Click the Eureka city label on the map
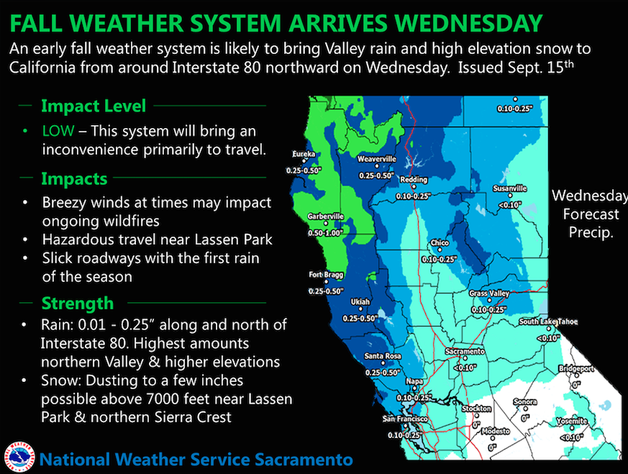[304, 154]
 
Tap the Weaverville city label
[376, 159]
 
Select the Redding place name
[414, 180]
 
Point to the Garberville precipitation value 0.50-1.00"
[326, 233]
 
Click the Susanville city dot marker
[510, 196]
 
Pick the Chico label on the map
[440, 243]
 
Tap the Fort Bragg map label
[326, 275]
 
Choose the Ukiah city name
[360, 302]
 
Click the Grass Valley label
[489, 293]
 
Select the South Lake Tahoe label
[548, 322]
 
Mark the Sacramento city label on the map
[465, 352]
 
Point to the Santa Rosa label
[383, 356]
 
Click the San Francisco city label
[405, 419]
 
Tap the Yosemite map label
[571, 421]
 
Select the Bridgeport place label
[576, 368]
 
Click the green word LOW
[58, 131]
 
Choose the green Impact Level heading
[94, 106]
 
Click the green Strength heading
[77, 303]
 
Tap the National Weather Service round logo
[19, 457]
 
